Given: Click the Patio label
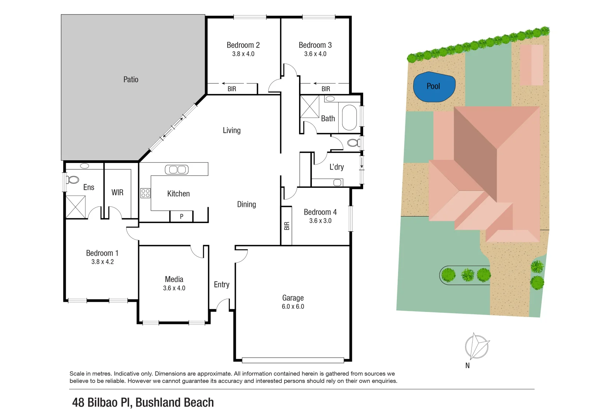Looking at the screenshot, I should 131,80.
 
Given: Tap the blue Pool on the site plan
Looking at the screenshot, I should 433,87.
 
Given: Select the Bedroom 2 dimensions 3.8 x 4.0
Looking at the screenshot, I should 243,54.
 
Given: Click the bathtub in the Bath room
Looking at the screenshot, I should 349,118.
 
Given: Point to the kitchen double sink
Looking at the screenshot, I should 177,170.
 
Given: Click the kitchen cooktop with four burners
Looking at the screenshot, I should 145,193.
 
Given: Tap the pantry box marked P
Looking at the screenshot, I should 181,216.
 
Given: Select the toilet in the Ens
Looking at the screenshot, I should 72,180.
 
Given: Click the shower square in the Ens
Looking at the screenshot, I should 75,207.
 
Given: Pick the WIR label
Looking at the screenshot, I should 117,192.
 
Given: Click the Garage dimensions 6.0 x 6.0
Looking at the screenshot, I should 293,306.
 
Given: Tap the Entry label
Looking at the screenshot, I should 221,285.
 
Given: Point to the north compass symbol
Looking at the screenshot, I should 476,346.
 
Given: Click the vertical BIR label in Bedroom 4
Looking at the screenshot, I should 287,226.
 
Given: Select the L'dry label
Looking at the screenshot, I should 336,167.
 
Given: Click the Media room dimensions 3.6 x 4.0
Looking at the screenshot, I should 174,288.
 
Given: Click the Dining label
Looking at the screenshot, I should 246,204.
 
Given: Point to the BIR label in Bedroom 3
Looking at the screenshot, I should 325,89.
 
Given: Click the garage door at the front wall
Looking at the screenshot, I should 293,360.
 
